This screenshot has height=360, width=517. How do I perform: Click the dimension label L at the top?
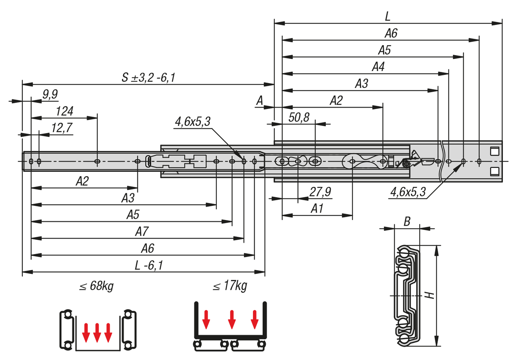[388, 17]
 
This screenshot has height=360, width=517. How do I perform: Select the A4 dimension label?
[378, 68]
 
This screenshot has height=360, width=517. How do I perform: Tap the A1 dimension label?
[317, 209]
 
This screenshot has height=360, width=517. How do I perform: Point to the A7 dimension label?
[142, 232]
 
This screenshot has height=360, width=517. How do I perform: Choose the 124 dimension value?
[65, 111]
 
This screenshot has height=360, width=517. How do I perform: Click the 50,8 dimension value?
[299, 118]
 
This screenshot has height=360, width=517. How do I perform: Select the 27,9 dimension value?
[320, 192]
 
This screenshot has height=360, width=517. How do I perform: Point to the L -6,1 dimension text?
[147, 266]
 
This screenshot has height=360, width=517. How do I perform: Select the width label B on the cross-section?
[406, 222]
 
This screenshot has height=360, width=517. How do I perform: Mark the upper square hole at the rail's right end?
[494, 151]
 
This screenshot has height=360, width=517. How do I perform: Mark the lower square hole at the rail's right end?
[494, 171]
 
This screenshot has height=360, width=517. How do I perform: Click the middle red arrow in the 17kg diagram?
[232, 319]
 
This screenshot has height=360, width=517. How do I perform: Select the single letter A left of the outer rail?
[259, 101]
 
